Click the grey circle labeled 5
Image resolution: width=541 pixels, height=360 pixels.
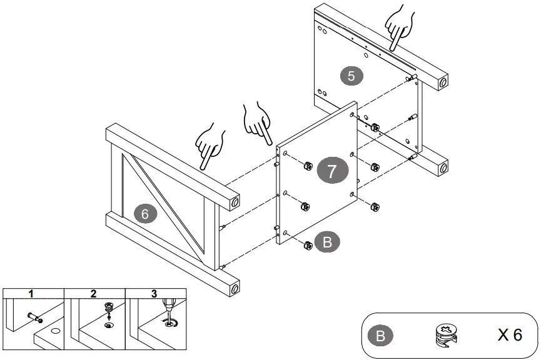[351, 76]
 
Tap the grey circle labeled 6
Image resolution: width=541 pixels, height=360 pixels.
[145, 214]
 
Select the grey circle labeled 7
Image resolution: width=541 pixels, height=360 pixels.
[332, 171]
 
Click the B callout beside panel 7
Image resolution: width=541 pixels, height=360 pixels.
[327, 242]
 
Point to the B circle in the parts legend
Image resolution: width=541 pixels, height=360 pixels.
[380, 336]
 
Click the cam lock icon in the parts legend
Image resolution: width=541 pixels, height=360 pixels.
[446, 335]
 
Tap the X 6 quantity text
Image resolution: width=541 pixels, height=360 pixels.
[510, 335]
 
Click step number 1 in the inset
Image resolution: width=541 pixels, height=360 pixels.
[31, 294]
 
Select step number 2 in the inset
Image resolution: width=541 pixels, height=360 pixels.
[93, 294]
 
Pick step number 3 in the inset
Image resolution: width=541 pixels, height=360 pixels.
[154, 294]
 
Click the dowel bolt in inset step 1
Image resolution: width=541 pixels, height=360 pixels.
[35, 317]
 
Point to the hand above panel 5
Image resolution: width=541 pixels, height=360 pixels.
[400, 27]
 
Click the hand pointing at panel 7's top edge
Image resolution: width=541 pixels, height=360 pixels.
[257, 123]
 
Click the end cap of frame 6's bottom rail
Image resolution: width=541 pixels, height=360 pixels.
[235, 288]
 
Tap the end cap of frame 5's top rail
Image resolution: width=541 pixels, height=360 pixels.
[443, 82]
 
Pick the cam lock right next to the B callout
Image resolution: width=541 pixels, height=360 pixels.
[308, 246]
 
